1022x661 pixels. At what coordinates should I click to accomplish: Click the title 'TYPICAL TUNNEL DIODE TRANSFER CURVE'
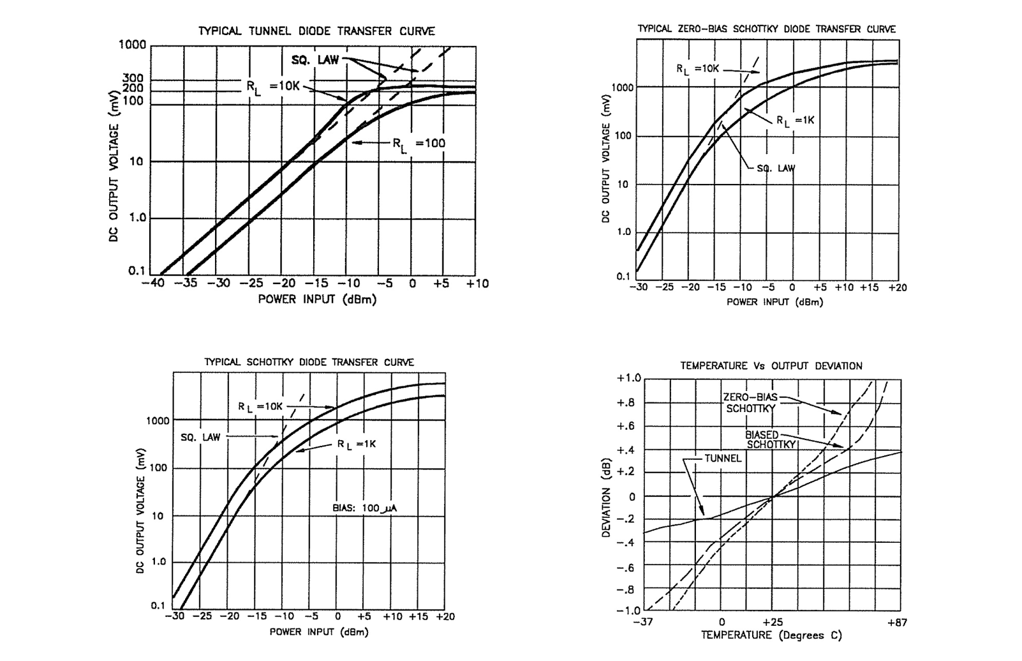(316, 31)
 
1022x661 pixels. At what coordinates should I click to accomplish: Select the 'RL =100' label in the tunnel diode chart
(418, 144)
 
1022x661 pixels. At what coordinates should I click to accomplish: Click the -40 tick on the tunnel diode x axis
(153, 283)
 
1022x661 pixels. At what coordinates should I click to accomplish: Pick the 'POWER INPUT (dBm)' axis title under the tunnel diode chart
(317, 299)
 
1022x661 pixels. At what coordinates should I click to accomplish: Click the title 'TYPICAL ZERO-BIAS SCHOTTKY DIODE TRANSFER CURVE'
(767, 29)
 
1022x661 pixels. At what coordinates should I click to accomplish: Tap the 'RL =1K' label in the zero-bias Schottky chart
(795, 120)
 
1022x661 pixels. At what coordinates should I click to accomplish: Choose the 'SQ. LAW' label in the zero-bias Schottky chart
(776, 169)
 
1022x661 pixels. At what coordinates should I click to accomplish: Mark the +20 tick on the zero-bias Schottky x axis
(896, 287)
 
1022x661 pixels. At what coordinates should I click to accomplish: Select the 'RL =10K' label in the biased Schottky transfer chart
(260, 407)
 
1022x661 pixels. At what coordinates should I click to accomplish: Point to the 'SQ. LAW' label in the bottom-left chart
(200, 437)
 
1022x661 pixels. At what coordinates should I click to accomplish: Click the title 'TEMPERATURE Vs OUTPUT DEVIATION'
(771, 366)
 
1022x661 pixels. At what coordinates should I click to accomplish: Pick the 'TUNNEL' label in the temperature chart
(723, 458)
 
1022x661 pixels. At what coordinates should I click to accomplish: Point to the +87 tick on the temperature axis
(897, 623)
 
